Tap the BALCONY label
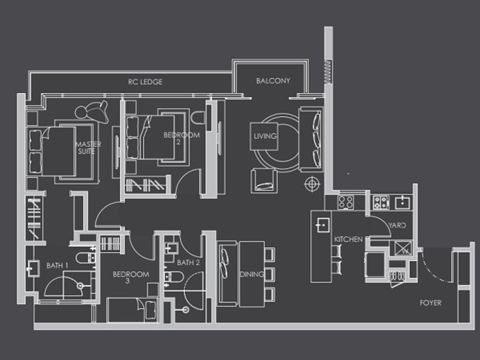(273, 80)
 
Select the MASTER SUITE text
(88, 148)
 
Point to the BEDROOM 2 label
(181, 139)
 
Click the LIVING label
(265, 136)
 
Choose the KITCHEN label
(348, 239)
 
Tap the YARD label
(397, 226)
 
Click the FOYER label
(430, 303)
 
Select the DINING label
(251, 274)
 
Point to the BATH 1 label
(58, 265)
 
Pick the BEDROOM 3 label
(131, 278)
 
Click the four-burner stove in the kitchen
(346, 202)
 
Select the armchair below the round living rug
(264, 180)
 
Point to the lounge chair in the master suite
(93, 110)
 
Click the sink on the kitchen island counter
(322, 224)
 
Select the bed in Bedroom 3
(132, 310)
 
